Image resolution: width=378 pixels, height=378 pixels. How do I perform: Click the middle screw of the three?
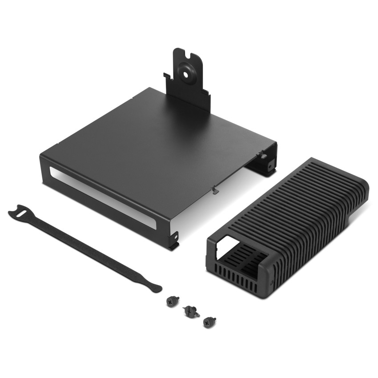191,311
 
